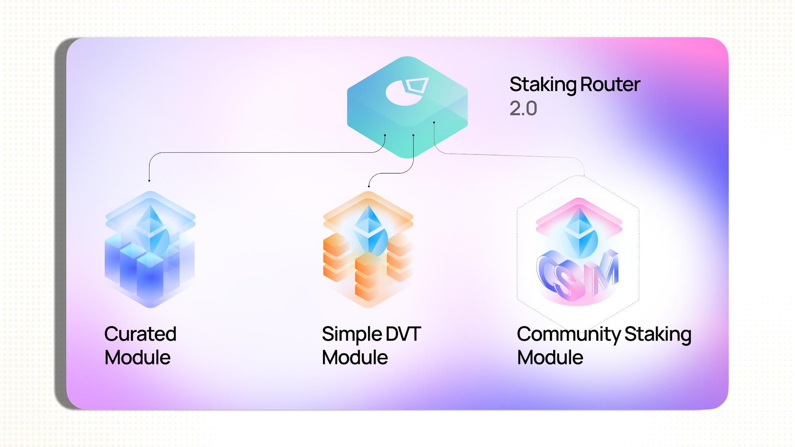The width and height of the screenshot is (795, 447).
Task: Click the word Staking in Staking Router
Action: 543,85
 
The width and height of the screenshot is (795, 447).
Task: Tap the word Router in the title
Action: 610,84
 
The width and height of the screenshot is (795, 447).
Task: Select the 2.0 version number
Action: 523,108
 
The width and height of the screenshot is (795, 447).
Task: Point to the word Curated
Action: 140,334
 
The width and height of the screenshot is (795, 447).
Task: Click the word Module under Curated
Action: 137,358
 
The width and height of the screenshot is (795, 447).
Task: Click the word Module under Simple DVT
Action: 355,358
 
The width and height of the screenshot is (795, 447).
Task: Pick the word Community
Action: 569,334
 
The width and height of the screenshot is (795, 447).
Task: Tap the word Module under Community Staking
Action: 550,358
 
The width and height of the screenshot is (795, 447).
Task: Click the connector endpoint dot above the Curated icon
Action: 149,180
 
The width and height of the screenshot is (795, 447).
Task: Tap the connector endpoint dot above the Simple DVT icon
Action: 369,186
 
